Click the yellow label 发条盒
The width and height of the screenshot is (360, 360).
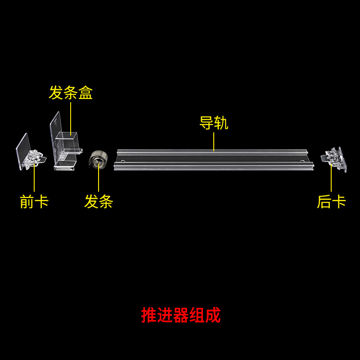click(71, 93)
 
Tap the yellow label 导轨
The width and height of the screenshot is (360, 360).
click(214, 123)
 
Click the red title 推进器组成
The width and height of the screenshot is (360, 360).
click(181, 315)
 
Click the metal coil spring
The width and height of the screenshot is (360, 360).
click(98, 159)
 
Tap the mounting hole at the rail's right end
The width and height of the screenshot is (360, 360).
click(301, 160)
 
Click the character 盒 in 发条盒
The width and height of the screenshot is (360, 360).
click(85, 93)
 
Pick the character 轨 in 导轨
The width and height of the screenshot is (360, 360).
click(221, 123)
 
